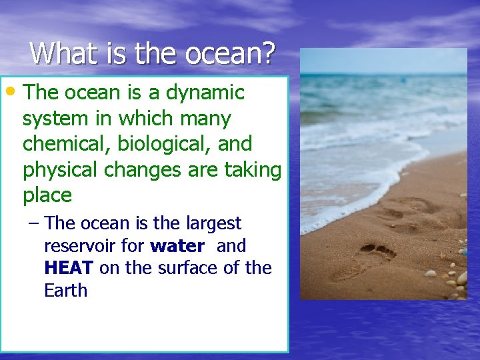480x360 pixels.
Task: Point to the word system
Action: [58, 119]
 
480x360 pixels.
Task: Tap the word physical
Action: [61, 170]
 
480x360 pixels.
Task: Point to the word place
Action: [47, 195]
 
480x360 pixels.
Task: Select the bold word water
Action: [177, 246]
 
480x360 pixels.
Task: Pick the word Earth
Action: [65, 291]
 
